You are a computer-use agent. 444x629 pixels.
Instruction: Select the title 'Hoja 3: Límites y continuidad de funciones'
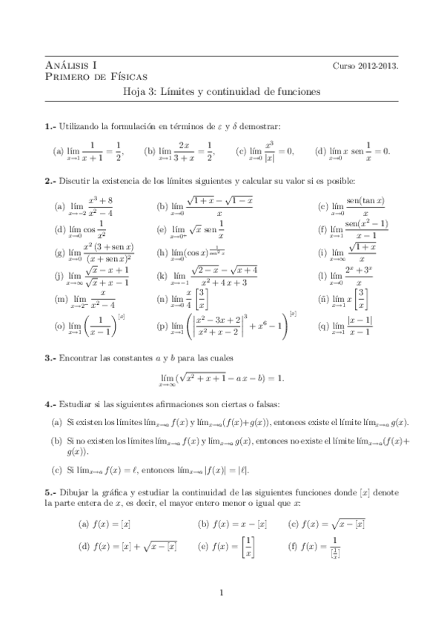(x=222, y=93)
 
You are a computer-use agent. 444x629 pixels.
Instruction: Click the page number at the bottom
(x=222, y=591)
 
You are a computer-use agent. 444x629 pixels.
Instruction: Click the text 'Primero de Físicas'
(x=96, y=76)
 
